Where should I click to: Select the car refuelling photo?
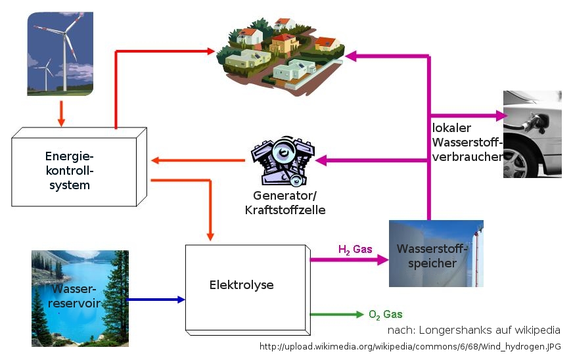coord(532,134)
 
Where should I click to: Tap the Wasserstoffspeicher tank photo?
coord(436,254)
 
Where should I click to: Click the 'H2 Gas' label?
coord(355,250)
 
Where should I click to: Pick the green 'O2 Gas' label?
coord(385,315)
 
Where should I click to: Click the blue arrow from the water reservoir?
coord(156,300)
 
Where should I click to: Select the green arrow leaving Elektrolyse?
coord(335,315)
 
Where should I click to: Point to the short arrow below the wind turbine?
coord(61,113)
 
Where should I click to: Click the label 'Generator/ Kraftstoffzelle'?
coord(285,203)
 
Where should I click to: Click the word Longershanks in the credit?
coord(447,330)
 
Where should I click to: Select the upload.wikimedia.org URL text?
coord(411,346)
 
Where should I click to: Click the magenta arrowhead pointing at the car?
coord(502,116)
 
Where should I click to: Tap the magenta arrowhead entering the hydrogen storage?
coord(383,259)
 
